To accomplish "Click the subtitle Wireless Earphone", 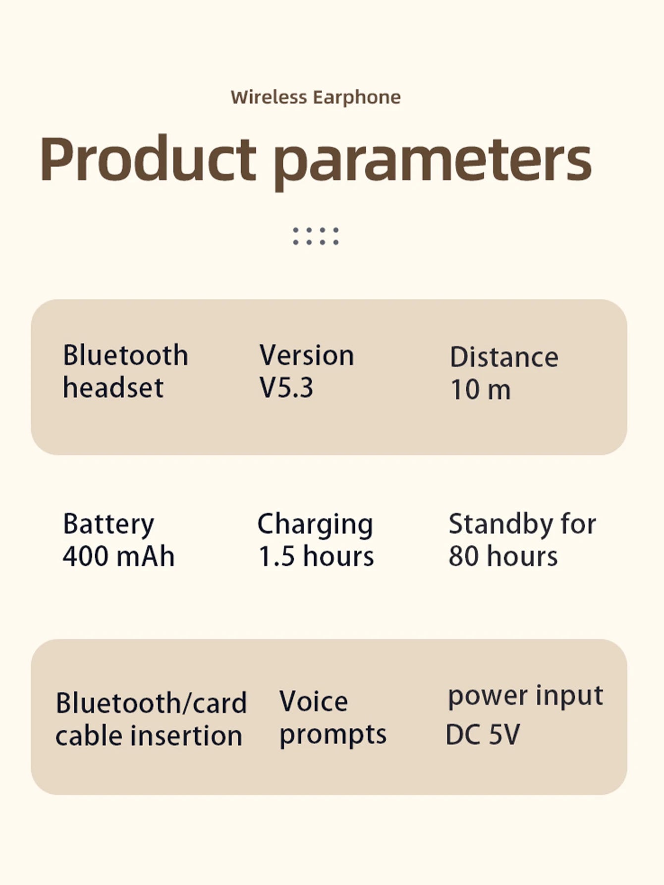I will point(316,97).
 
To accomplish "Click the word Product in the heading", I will point(148,159).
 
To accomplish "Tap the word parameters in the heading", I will point(433,161).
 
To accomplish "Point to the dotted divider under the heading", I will point(316,236).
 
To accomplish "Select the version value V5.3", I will point(286,388).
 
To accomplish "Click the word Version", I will point(307,355).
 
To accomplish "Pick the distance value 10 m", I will point(480,390).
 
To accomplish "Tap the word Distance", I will point(504,357).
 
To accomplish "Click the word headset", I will point(113,388).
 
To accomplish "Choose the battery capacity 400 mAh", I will point(118,556).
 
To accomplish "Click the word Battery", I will point(109,525).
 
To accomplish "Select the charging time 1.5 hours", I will point(316,556).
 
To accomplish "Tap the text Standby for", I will point(522,524).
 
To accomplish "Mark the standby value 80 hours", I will point(503,556).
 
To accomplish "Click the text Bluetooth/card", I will point(151,703).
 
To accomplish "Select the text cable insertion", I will point(149,735).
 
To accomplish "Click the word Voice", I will point(314,702).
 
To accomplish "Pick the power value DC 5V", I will point(483,735).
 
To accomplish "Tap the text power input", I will point(525,696).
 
